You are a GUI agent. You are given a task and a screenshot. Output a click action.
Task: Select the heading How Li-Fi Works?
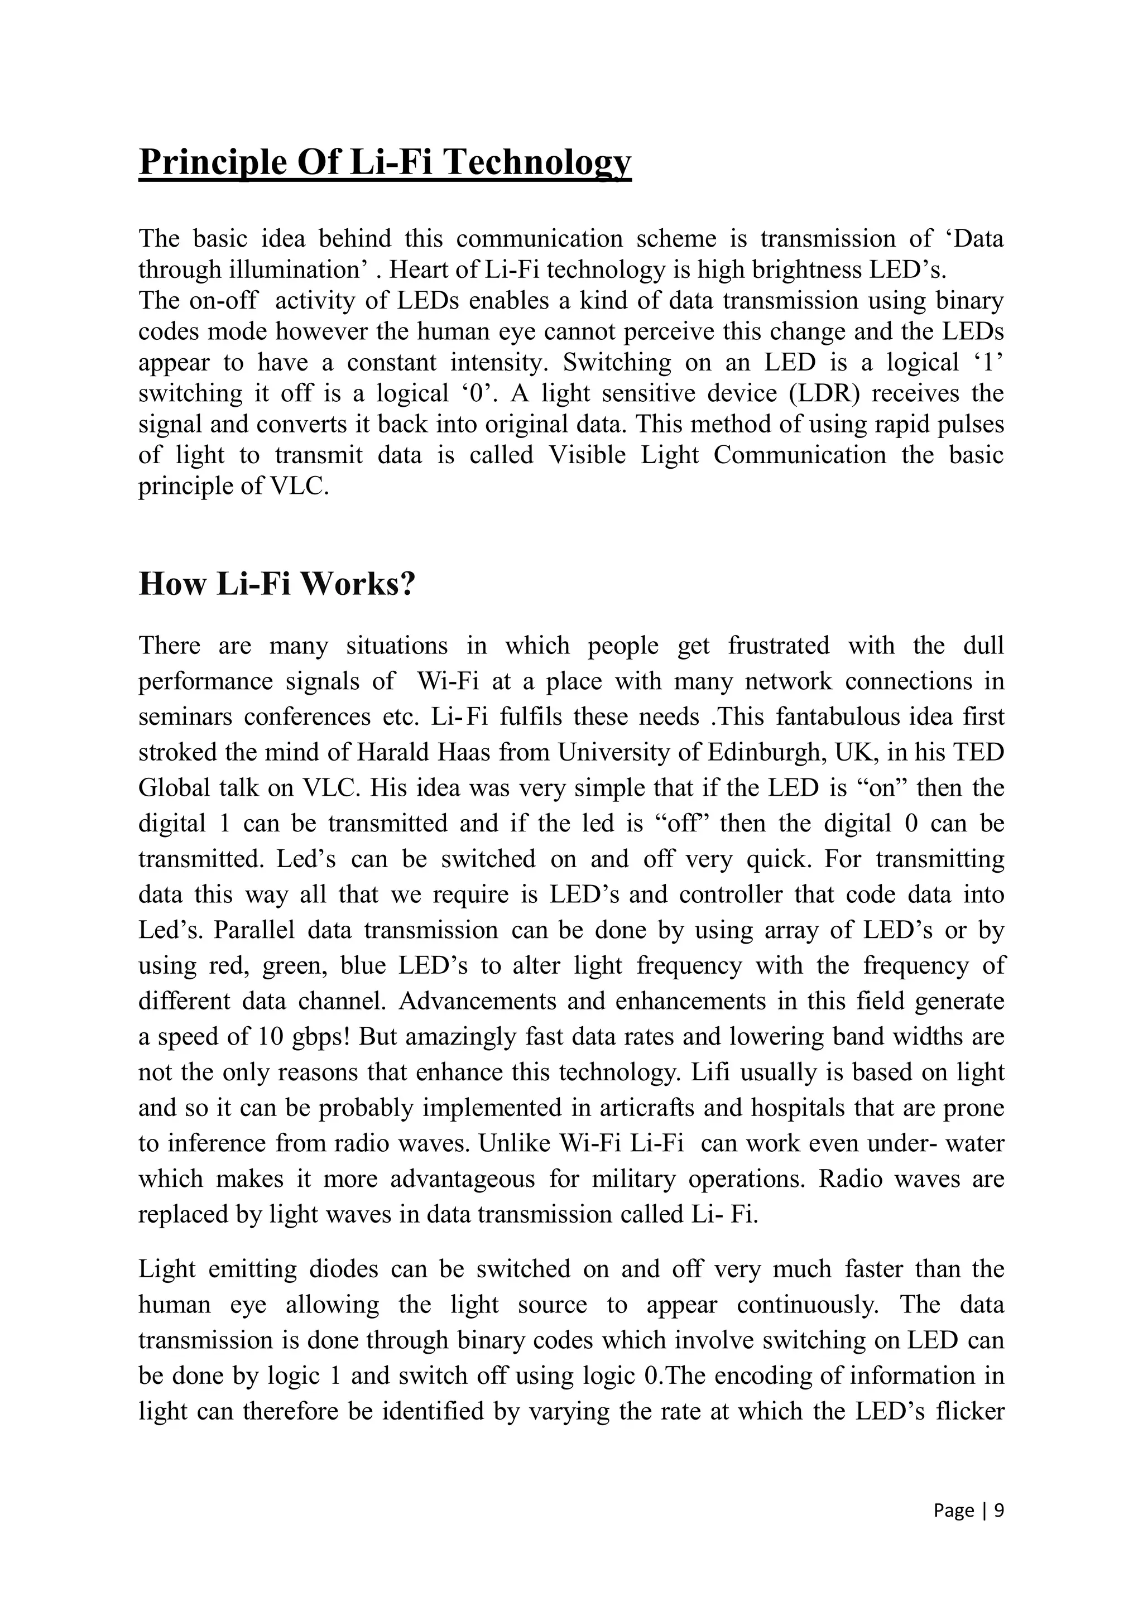277,584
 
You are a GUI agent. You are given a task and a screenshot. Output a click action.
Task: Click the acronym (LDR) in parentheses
825,393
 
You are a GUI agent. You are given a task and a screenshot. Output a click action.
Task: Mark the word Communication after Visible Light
800,455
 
